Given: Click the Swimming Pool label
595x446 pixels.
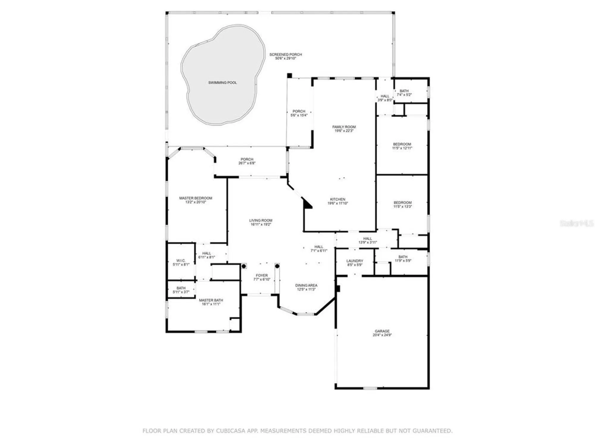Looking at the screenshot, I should (222, 83).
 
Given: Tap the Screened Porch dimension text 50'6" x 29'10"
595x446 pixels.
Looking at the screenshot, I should (286, 59).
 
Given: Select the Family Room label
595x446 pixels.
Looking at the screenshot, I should (344, 127).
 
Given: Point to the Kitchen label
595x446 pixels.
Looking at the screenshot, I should (338, 199).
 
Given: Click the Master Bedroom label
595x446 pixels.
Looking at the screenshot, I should (195, 198).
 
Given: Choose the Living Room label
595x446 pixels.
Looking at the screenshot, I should (261, 220).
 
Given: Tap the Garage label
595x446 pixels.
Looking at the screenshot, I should (382, 331).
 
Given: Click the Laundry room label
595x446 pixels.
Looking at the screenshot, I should (355, 261).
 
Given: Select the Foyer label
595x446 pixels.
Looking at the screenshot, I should (262, 275).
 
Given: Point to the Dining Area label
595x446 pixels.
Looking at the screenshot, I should (306, 285).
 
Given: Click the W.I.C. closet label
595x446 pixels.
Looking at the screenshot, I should (181, 260).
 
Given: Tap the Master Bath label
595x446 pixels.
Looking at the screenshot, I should (211, 300).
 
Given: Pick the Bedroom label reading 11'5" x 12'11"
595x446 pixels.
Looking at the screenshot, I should (402, 144).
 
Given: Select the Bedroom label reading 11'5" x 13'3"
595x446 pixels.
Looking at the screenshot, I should (403, 203).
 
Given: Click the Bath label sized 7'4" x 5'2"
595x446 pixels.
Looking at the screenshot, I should (404, 91).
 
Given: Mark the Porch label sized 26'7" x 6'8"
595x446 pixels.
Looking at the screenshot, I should (247, 159).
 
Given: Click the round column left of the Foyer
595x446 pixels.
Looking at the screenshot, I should (244, 266).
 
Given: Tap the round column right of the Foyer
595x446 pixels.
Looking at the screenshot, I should (277, 266).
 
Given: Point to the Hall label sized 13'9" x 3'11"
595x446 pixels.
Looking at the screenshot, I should (367, 238).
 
